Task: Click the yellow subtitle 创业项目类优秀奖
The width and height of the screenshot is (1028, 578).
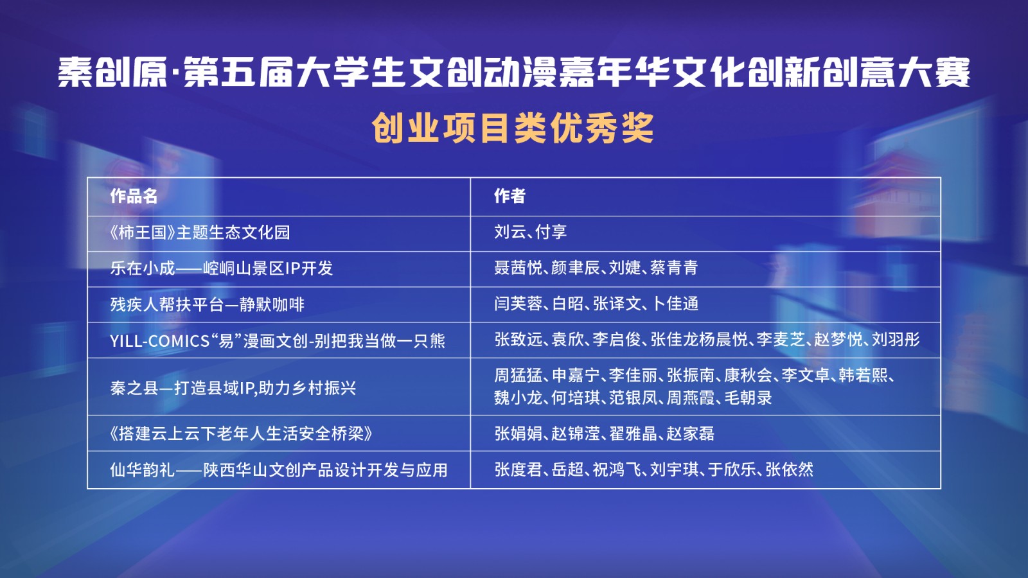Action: [x=513, y=128]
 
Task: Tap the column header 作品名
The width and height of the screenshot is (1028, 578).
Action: [x=134, y=197]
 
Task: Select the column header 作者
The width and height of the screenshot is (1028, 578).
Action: [x=510, y=196]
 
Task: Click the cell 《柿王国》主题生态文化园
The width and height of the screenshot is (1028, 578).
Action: [x=200, y=232]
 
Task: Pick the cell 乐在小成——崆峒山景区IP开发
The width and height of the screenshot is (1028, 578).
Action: [x=221, y=268]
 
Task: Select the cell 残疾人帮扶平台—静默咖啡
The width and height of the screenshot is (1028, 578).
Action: [x=207, y=304]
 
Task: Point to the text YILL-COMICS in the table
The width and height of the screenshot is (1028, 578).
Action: [x=160, y=341]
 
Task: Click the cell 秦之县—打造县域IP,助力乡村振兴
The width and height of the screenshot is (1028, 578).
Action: [x=233, y=388]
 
